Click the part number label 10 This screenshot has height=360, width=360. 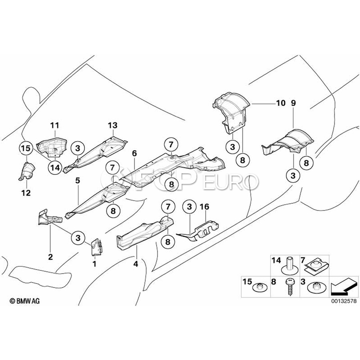280,103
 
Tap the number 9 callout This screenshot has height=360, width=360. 294,103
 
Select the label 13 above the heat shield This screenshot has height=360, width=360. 113,125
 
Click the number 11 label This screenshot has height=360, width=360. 55,125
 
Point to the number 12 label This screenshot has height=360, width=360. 26,193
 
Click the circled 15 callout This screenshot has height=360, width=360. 26,148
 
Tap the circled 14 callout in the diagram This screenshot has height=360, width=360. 55,168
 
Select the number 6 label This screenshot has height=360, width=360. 134,153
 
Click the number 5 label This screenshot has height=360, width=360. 78,181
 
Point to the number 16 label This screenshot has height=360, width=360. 204,207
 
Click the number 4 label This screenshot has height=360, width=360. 136,264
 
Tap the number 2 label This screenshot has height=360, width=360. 50,256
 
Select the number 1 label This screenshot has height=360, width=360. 94,264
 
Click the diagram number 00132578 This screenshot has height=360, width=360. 344,301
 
